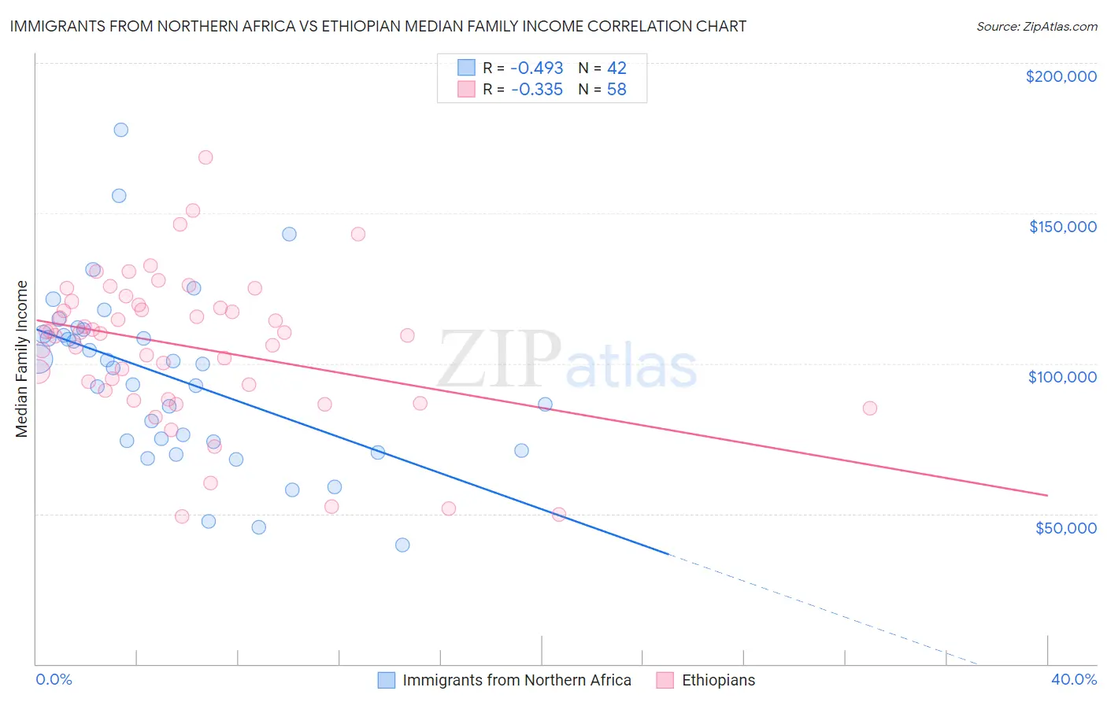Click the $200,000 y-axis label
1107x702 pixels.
1061,76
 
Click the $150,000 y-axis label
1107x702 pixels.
1062,227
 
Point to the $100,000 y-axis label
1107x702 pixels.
1062,377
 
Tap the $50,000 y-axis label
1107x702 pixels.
1065,527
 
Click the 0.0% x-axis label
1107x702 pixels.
54,679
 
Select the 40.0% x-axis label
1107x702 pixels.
1073,679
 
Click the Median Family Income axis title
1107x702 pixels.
21,358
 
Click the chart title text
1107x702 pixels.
378,26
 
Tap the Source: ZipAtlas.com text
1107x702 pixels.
1036,27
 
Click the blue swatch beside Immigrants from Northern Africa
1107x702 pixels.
386,680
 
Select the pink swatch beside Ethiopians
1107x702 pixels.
665,680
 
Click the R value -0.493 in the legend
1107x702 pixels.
537,68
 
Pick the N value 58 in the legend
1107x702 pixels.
616,90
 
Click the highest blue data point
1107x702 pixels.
120,130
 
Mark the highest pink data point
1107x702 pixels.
205,157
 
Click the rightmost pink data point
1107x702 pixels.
869,408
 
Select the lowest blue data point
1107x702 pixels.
402,545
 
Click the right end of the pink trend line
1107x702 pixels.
1047,495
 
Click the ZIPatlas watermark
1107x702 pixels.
567,359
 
